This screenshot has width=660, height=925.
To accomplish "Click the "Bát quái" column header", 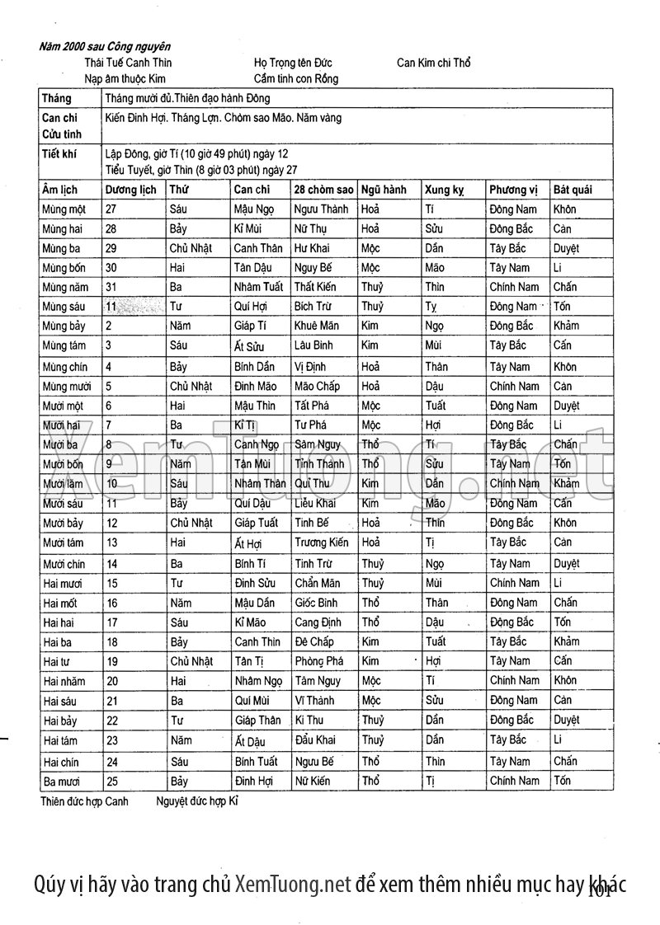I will point(572,190).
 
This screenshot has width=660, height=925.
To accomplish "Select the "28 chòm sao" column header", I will point(323,190).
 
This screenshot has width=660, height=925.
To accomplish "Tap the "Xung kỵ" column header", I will point(444,190).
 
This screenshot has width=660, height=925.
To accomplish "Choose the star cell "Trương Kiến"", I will point(321,542).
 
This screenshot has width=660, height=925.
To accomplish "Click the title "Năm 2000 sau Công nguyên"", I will point(106,47).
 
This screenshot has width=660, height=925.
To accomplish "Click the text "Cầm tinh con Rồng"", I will point(295,79).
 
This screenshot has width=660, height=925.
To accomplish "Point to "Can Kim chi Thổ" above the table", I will point(433,63).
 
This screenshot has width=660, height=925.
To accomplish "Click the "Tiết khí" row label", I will point(59,153).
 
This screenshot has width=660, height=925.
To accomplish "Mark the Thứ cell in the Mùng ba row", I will point(191,248).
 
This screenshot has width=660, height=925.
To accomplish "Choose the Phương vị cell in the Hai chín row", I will point(509,761).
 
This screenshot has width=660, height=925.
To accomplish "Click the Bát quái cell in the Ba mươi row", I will point(563,781).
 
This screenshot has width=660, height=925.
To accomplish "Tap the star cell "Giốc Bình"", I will point(316,603).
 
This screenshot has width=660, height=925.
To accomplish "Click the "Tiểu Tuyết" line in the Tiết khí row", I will point(201,170).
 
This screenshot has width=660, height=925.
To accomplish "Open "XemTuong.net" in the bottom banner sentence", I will point(293,885).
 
